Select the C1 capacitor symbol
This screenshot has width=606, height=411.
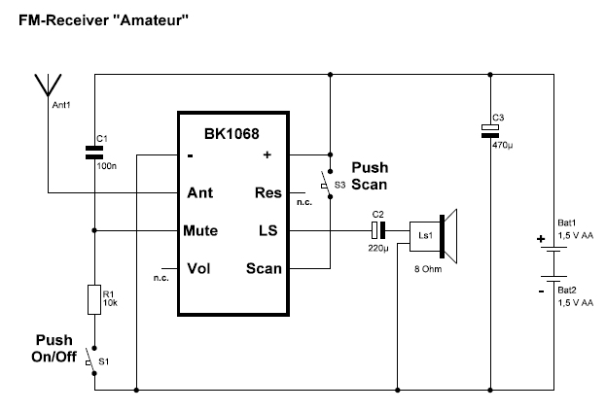pos(94,152)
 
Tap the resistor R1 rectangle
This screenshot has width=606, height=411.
pos(94,299)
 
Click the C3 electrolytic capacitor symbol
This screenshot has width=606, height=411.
pos(492,130)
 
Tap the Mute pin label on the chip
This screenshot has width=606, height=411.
pos(200,231)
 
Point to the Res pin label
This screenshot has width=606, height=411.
pos(268,192)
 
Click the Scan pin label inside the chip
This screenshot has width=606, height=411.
pos(264,268)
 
